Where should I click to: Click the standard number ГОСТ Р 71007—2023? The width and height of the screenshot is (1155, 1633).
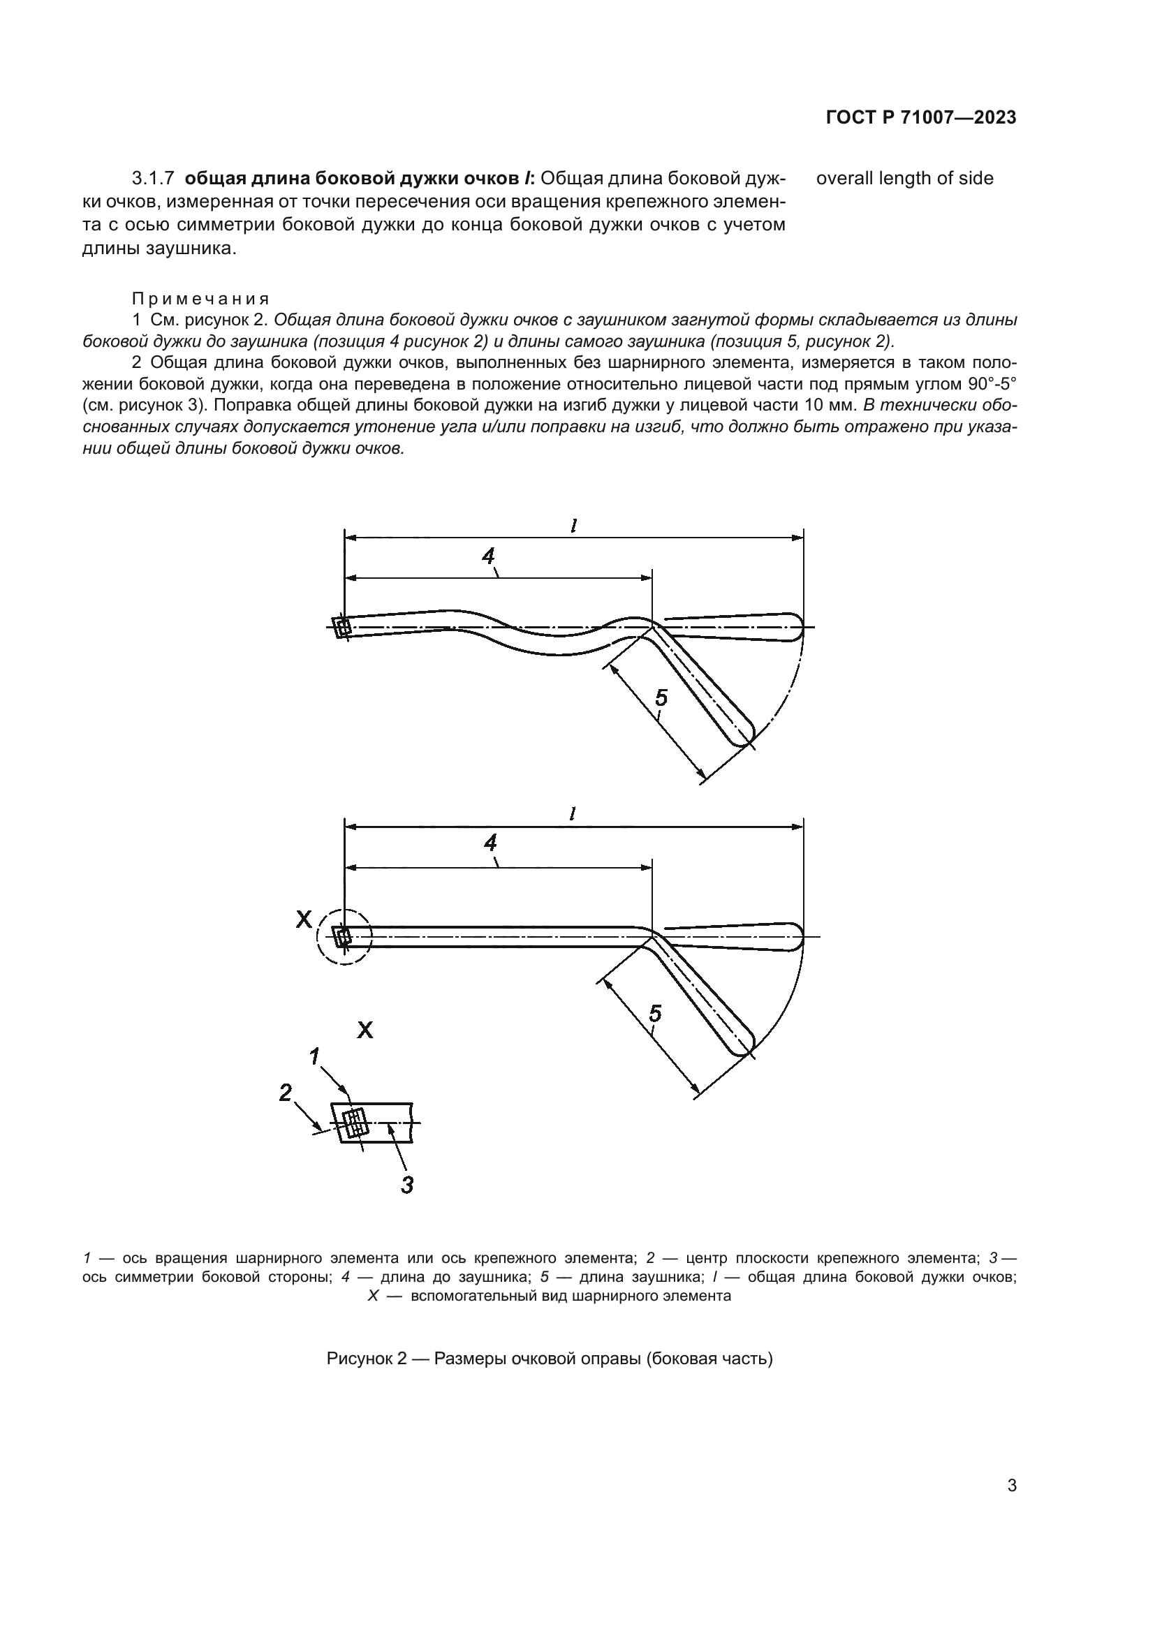(x=921, y=118)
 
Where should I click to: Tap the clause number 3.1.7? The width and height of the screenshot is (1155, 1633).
(x=154, y=179)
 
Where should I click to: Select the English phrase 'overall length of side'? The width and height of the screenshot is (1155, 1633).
(x=904, y=179)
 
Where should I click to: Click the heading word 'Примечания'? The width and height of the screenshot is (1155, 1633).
(x=200, y=299)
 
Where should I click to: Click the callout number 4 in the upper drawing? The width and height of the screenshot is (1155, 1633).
(x=488, y=556)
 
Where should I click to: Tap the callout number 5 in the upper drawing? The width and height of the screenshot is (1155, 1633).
(x=661, y=698)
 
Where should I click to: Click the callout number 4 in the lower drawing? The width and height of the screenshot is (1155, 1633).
(x=490, y=843)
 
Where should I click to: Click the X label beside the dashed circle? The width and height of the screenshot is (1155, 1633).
(x=304, y=919)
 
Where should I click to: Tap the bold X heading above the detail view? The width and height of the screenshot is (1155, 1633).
(x=365, y=1030)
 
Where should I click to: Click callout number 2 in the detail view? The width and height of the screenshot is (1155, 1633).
(x=285, y=1093)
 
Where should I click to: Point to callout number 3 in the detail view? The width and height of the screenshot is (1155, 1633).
(x=407, y=1185)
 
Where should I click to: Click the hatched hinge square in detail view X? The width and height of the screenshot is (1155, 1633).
(x=353, y=1123)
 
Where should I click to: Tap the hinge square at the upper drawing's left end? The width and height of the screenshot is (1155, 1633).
(x=343, y=628)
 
